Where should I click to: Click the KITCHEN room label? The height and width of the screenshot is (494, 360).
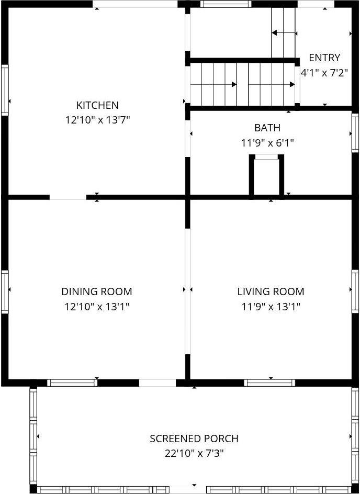click(x=97, y=105)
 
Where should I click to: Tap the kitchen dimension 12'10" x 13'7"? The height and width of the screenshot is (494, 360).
click(x=97, y=120)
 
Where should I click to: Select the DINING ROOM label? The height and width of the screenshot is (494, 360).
click(x=97, y=291)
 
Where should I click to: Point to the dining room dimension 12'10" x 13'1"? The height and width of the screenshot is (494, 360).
click(x=97, y=307)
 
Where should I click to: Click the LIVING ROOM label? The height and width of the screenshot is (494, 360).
click(x=271, y=291)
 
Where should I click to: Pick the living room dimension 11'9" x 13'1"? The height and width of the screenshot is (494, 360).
click(x=271, y=307)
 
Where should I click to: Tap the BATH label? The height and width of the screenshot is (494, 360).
click(x=267, y=128)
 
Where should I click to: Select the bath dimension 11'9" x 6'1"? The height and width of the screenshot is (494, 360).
click(x=267, y=142)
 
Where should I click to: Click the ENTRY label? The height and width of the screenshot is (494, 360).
click(x=324, y=58)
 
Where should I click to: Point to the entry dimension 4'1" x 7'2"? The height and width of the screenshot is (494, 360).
click(x=324, y=73)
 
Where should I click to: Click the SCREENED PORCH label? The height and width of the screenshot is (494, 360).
click(x=194, y=439)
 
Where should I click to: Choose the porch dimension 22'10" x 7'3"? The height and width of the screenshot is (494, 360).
click(x=194, y=453)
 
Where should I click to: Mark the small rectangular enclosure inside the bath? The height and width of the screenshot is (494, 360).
click(x=266, y=176)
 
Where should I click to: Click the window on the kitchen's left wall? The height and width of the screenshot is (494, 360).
click(x=5, y=90)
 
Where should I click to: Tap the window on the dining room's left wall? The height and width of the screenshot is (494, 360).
click(x=5, y=291)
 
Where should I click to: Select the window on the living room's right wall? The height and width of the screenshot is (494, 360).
click(x=355, y=291)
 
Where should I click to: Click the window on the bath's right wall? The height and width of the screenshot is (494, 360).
click(x=355, y=133)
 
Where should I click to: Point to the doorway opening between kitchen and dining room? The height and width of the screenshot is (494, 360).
click(x=68, y=197)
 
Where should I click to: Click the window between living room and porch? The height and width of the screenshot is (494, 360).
click(x=269, y=383)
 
